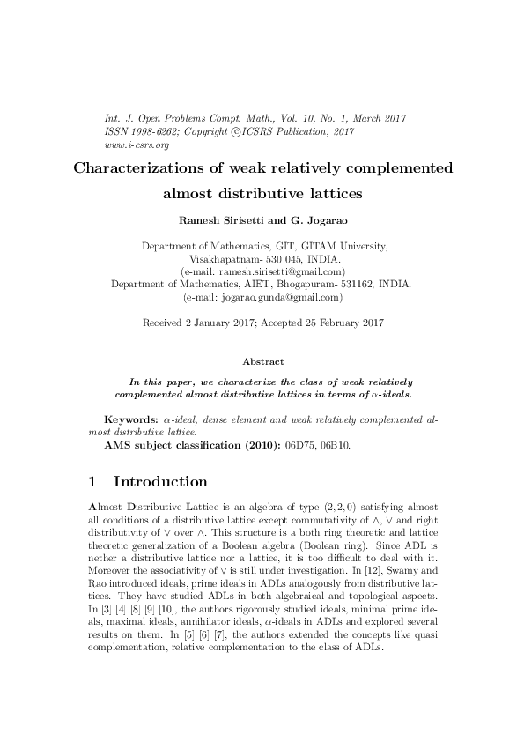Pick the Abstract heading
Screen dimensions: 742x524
pyautogui.click(x=262, y=361)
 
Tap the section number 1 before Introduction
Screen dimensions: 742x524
pyautogui.click(x=94, y=482)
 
